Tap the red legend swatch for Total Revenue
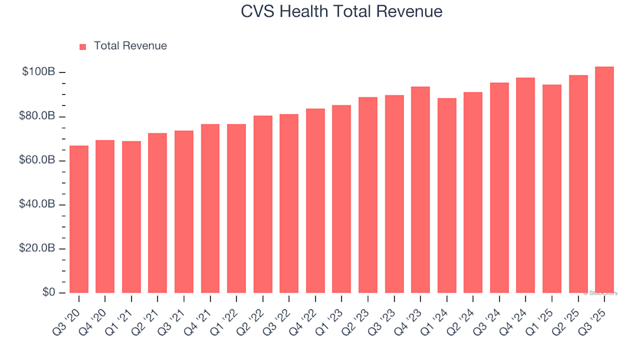(83, 47)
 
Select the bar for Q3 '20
(79, 219)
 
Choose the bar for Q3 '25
(605, 180)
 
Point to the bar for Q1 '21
(131, 217)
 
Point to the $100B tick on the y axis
(40, 72)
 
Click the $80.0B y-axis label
(40, 117)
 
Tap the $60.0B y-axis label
(40, 161)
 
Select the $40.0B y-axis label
(40, 205)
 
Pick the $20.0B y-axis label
(40, 249)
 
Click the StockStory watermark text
(601, 293)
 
